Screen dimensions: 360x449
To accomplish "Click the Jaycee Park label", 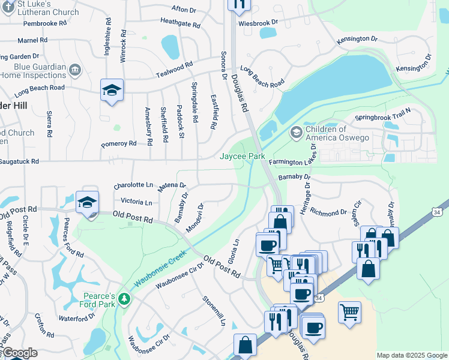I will (x=241, y=156).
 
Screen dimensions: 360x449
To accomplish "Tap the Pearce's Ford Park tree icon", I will (x=124, y=298).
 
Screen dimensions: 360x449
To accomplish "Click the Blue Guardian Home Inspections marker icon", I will (x=75, y=71).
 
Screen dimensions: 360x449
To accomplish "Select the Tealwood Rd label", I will (x=174, y=65).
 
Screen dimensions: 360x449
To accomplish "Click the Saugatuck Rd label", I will (x=19, y=161).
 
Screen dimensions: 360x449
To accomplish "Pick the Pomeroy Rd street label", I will (x=119, y=144).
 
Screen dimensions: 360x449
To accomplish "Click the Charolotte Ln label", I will (x=133, y=186).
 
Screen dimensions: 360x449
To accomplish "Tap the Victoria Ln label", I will (x=136, y=202).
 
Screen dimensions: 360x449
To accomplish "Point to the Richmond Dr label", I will (x=328, y=212).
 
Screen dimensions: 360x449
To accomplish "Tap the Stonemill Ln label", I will (x=214, y=310).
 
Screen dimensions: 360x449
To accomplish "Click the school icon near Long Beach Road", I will (x=112, y=90).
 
